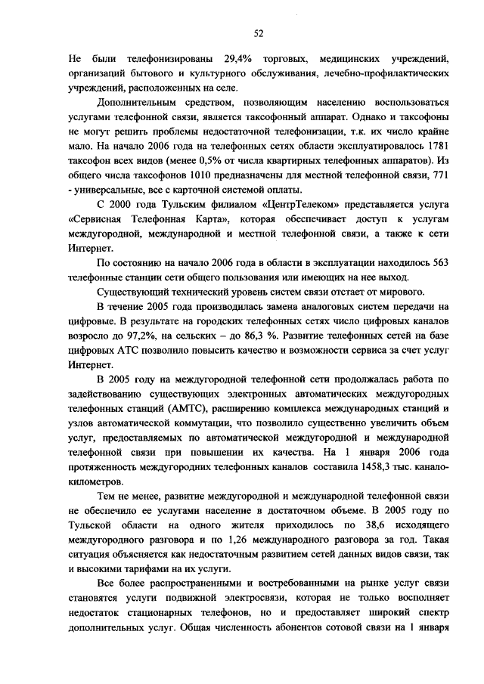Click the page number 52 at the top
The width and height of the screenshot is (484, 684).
[x=258, y=34]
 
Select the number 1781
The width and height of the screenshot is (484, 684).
[x=439, y=144]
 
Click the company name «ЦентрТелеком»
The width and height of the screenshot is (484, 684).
[x=295, y=205]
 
